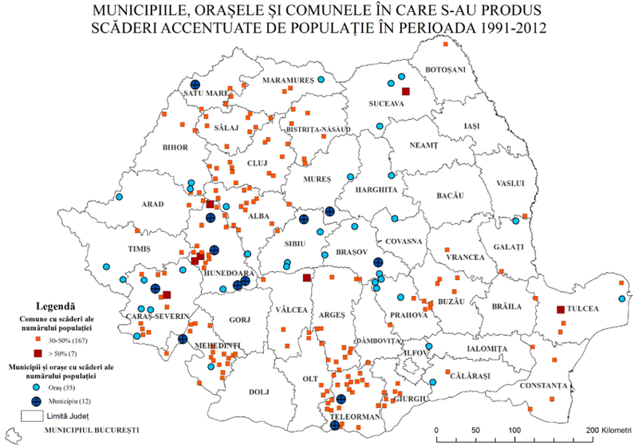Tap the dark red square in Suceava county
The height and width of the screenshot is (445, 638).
pyautogui.click(x=405, y=92)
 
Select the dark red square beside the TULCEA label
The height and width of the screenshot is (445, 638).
pyautogui.click(x=561, y=309)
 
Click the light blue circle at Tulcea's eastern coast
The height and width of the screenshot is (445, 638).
pyautogui.click(x=621, y=298)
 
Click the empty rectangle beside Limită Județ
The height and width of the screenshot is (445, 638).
pyautogui.click(x=32, y=415)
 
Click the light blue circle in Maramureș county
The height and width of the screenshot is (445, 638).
pyautogui.click(x=321, y=81)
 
